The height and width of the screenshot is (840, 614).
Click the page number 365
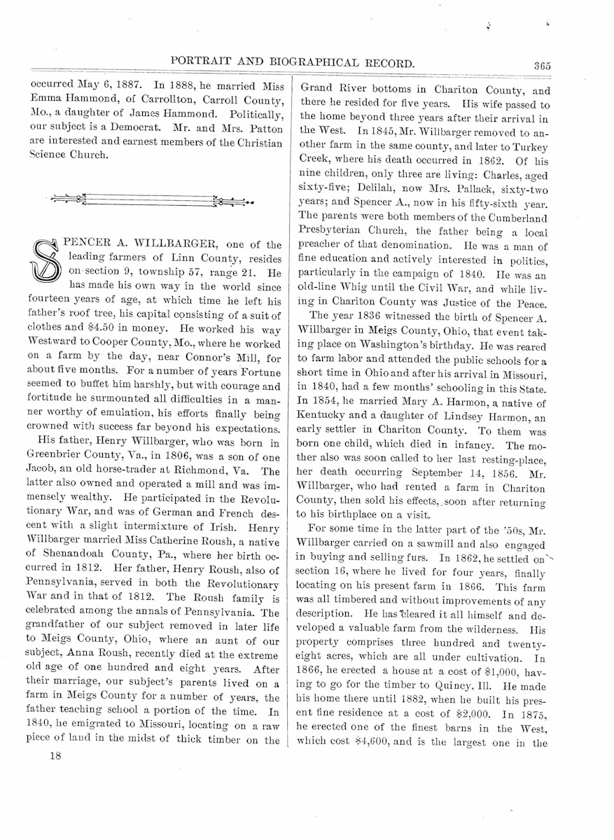click(x=541, y=66)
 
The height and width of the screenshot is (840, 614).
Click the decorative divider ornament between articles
click(x=153, y=201)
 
